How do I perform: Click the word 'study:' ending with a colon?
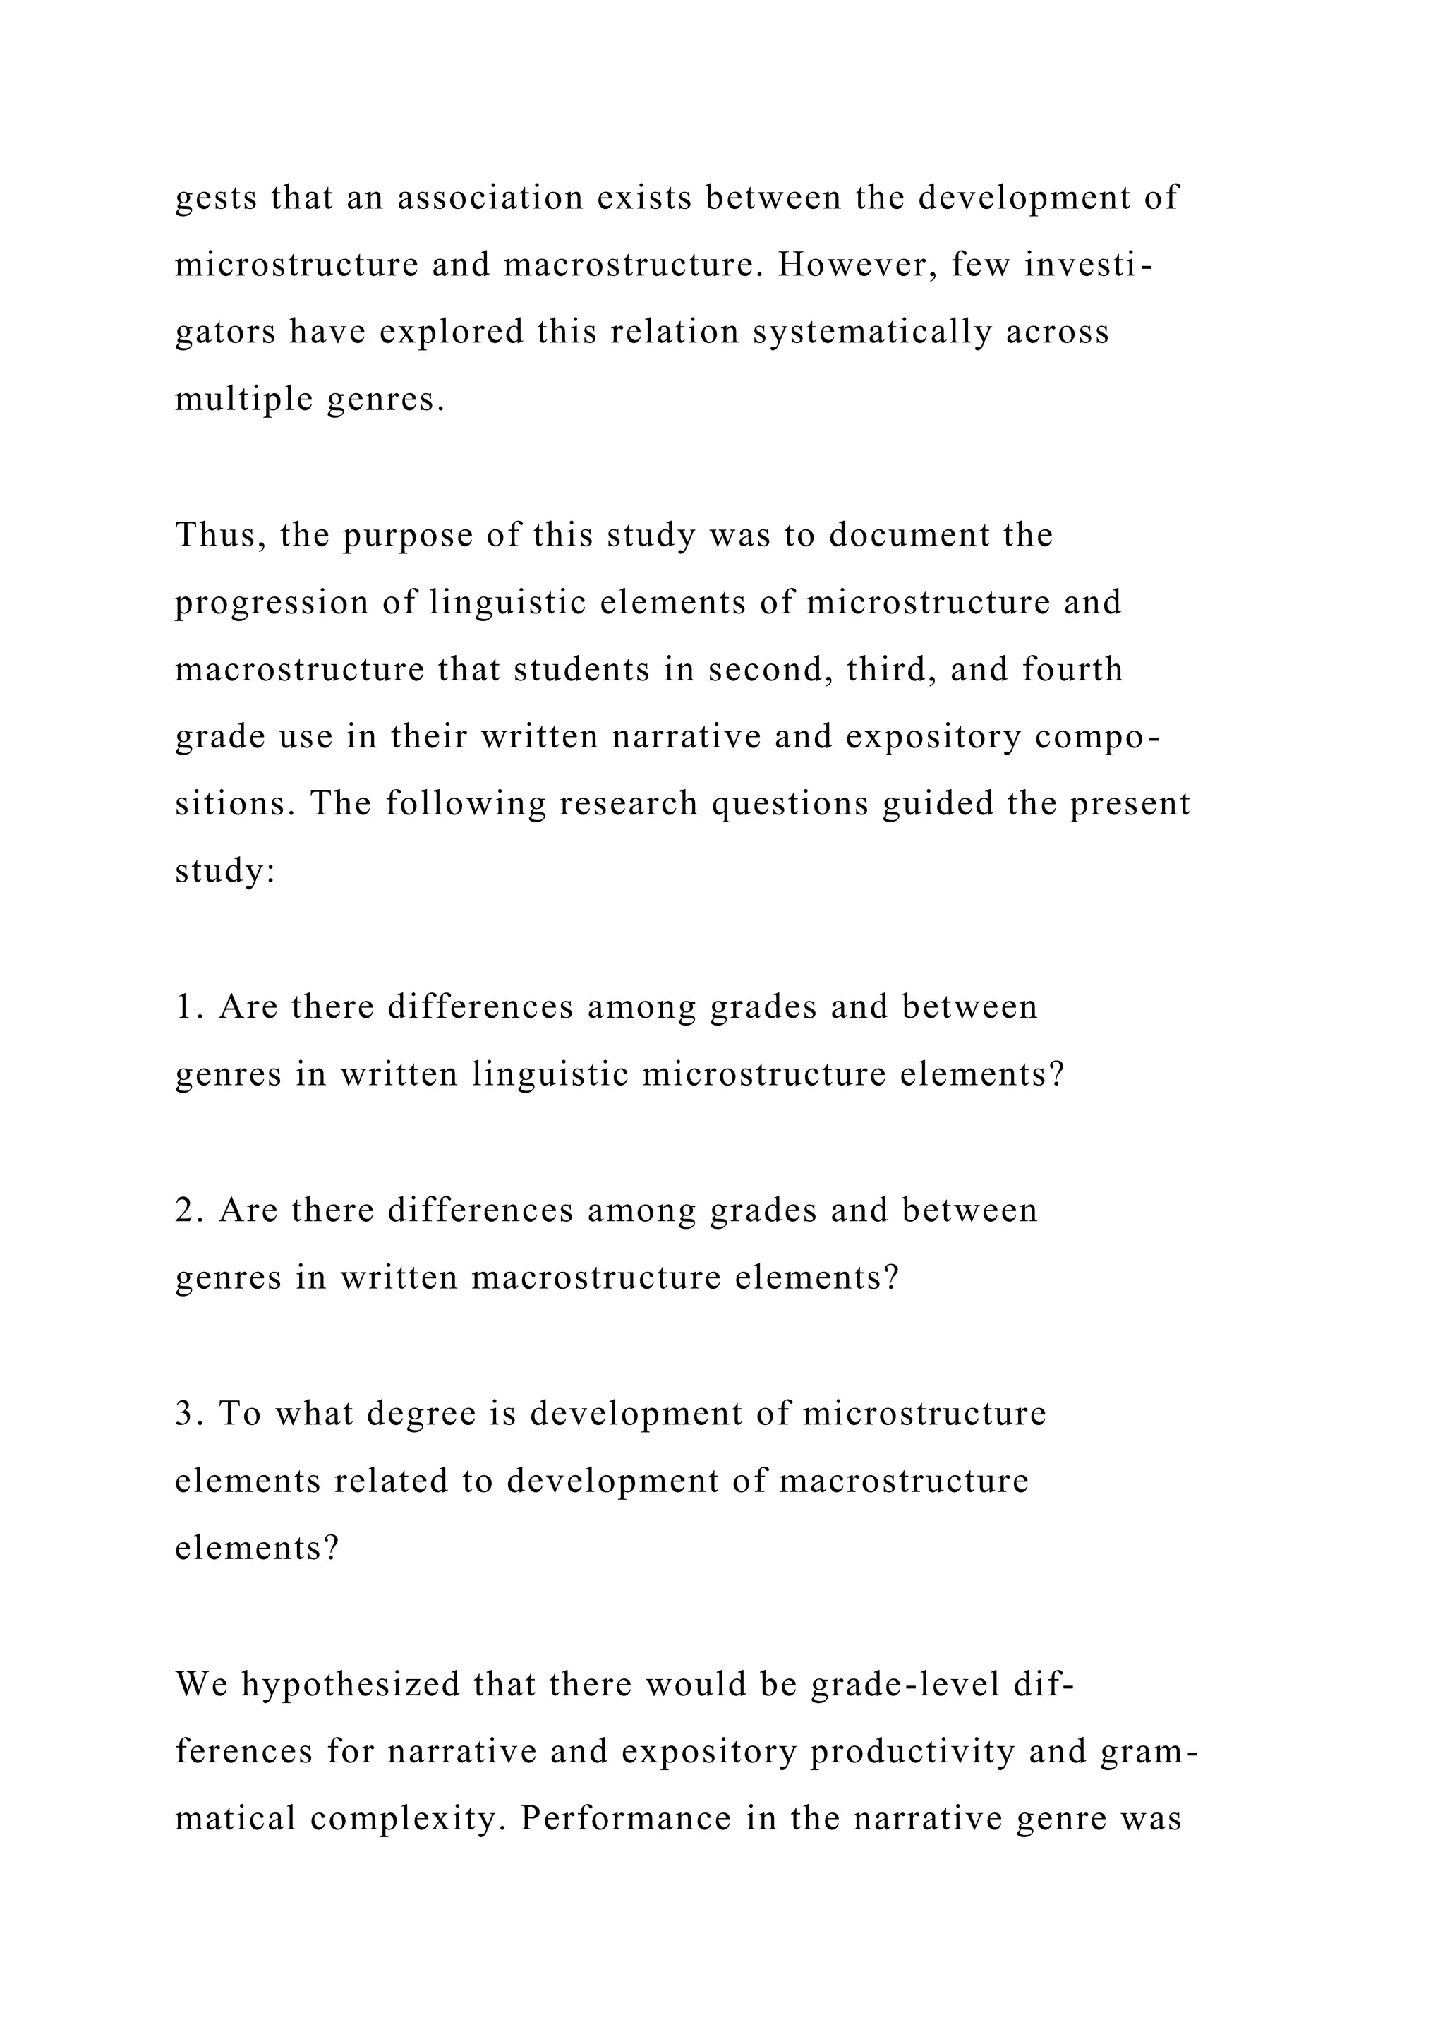pos(226,872)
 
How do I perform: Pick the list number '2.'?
pos(190,1210)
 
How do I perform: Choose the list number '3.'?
pos(190,1414)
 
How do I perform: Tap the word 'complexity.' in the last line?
pos(409,1820)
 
